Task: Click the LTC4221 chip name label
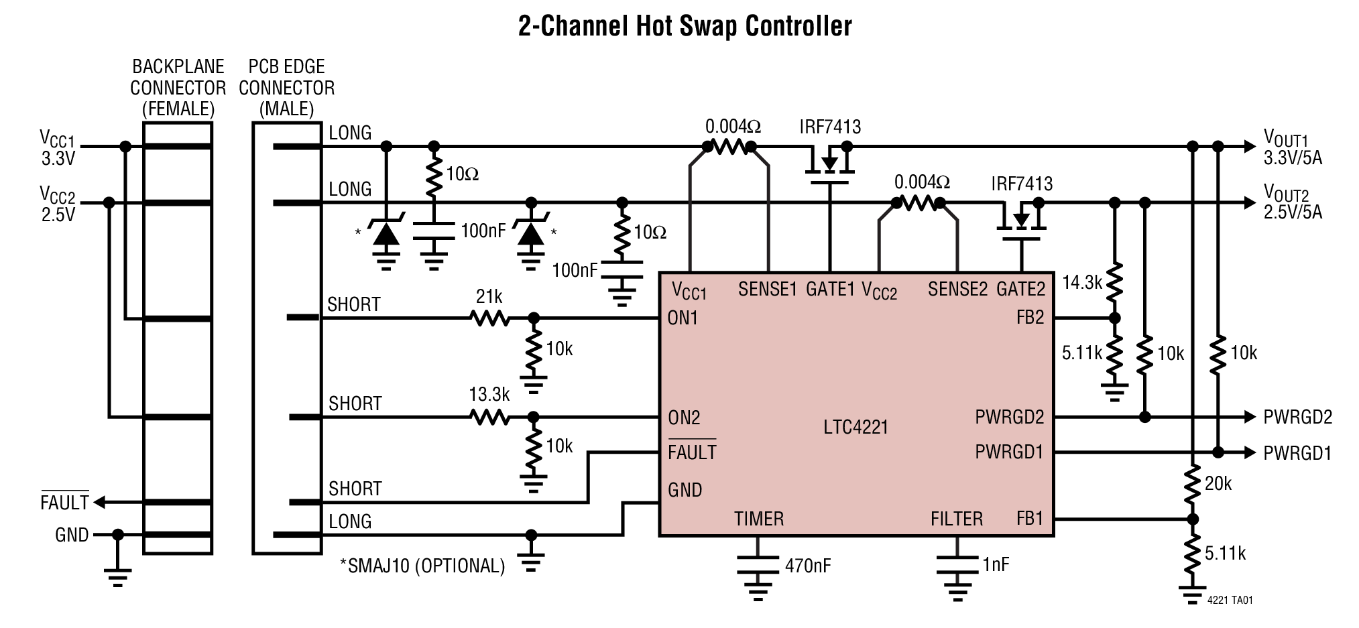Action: (855, 427)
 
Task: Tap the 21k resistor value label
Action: (489, 296)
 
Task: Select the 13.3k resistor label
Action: (489, 395)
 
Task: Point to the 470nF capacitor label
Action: (808, 566)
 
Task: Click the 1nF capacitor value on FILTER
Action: (996, 564)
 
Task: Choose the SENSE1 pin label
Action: (768, 289)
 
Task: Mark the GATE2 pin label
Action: (1020, 289)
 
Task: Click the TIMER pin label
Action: (759, 519)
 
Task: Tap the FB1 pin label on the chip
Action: (1030, 519)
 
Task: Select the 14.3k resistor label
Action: (1082, 283)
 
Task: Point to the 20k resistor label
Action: (1218, 483)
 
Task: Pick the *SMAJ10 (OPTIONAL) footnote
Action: (422, 566)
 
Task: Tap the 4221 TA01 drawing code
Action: (1230, 601)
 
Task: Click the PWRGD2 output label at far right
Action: (1297, 418)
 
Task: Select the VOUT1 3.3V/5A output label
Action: (1292, 147)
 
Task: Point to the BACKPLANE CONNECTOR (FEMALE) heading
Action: (178, 88)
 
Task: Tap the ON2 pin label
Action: (684, 418)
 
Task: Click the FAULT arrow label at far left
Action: (64, 502)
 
